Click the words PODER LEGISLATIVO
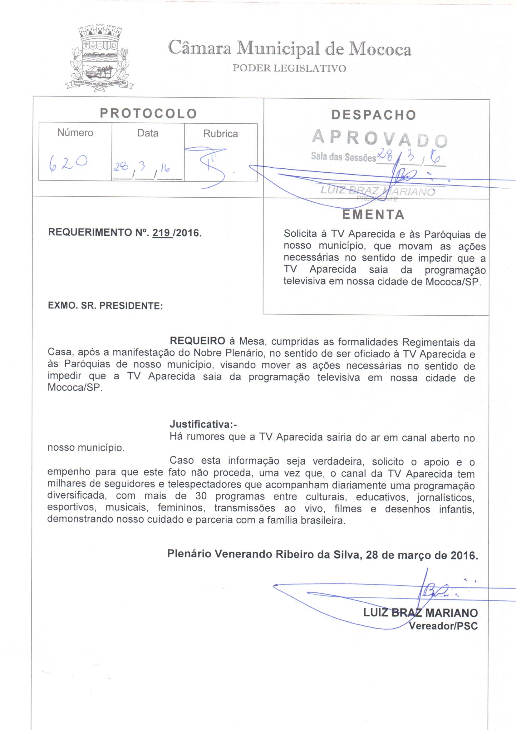[x=289, y=68]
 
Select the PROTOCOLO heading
[x=149, y=114]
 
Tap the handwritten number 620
[x=68, y=163]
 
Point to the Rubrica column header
[x=220, y=134]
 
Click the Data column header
[x=148, y=133]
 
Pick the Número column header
[x=75, y=133]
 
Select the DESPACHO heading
[x=374, y=115]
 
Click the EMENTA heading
[x=373, y=215]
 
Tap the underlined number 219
[x=161, y=233]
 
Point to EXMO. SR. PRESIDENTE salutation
[x=105, y=306]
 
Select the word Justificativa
[x=203, y=424]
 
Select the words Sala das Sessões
[x=343, y=157]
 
